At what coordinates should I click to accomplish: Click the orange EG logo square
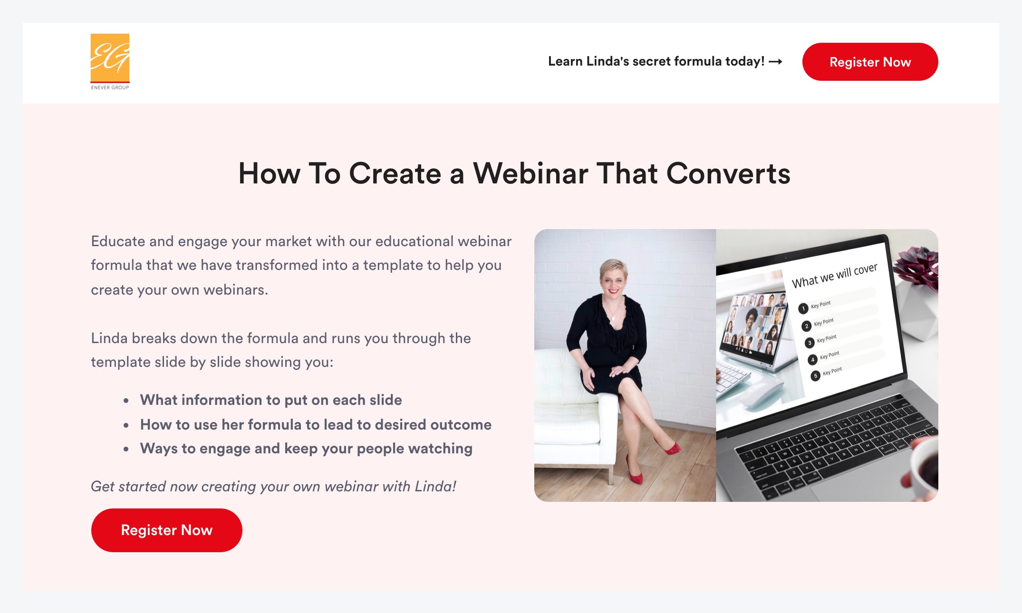point(110,57)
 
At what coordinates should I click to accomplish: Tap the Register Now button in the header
point(870,62)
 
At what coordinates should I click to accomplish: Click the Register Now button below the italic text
point(167,530)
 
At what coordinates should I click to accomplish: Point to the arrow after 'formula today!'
point(775,61)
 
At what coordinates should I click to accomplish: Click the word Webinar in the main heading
point(531,173)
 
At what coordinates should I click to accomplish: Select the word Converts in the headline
point(728,173)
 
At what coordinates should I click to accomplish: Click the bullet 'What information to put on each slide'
point(271,400)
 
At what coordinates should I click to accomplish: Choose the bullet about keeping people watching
point(306,449)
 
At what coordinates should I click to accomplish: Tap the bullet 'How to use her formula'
point(316,424)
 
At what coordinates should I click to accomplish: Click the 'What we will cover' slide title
point(834,275)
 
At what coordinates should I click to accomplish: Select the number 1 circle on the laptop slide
point(803,308)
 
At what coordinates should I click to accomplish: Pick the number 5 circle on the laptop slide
point(816,376)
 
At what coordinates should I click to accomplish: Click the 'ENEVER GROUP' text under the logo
point(110,87)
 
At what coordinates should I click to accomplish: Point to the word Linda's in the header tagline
point(608,61)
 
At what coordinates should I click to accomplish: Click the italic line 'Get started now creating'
point(273,487)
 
